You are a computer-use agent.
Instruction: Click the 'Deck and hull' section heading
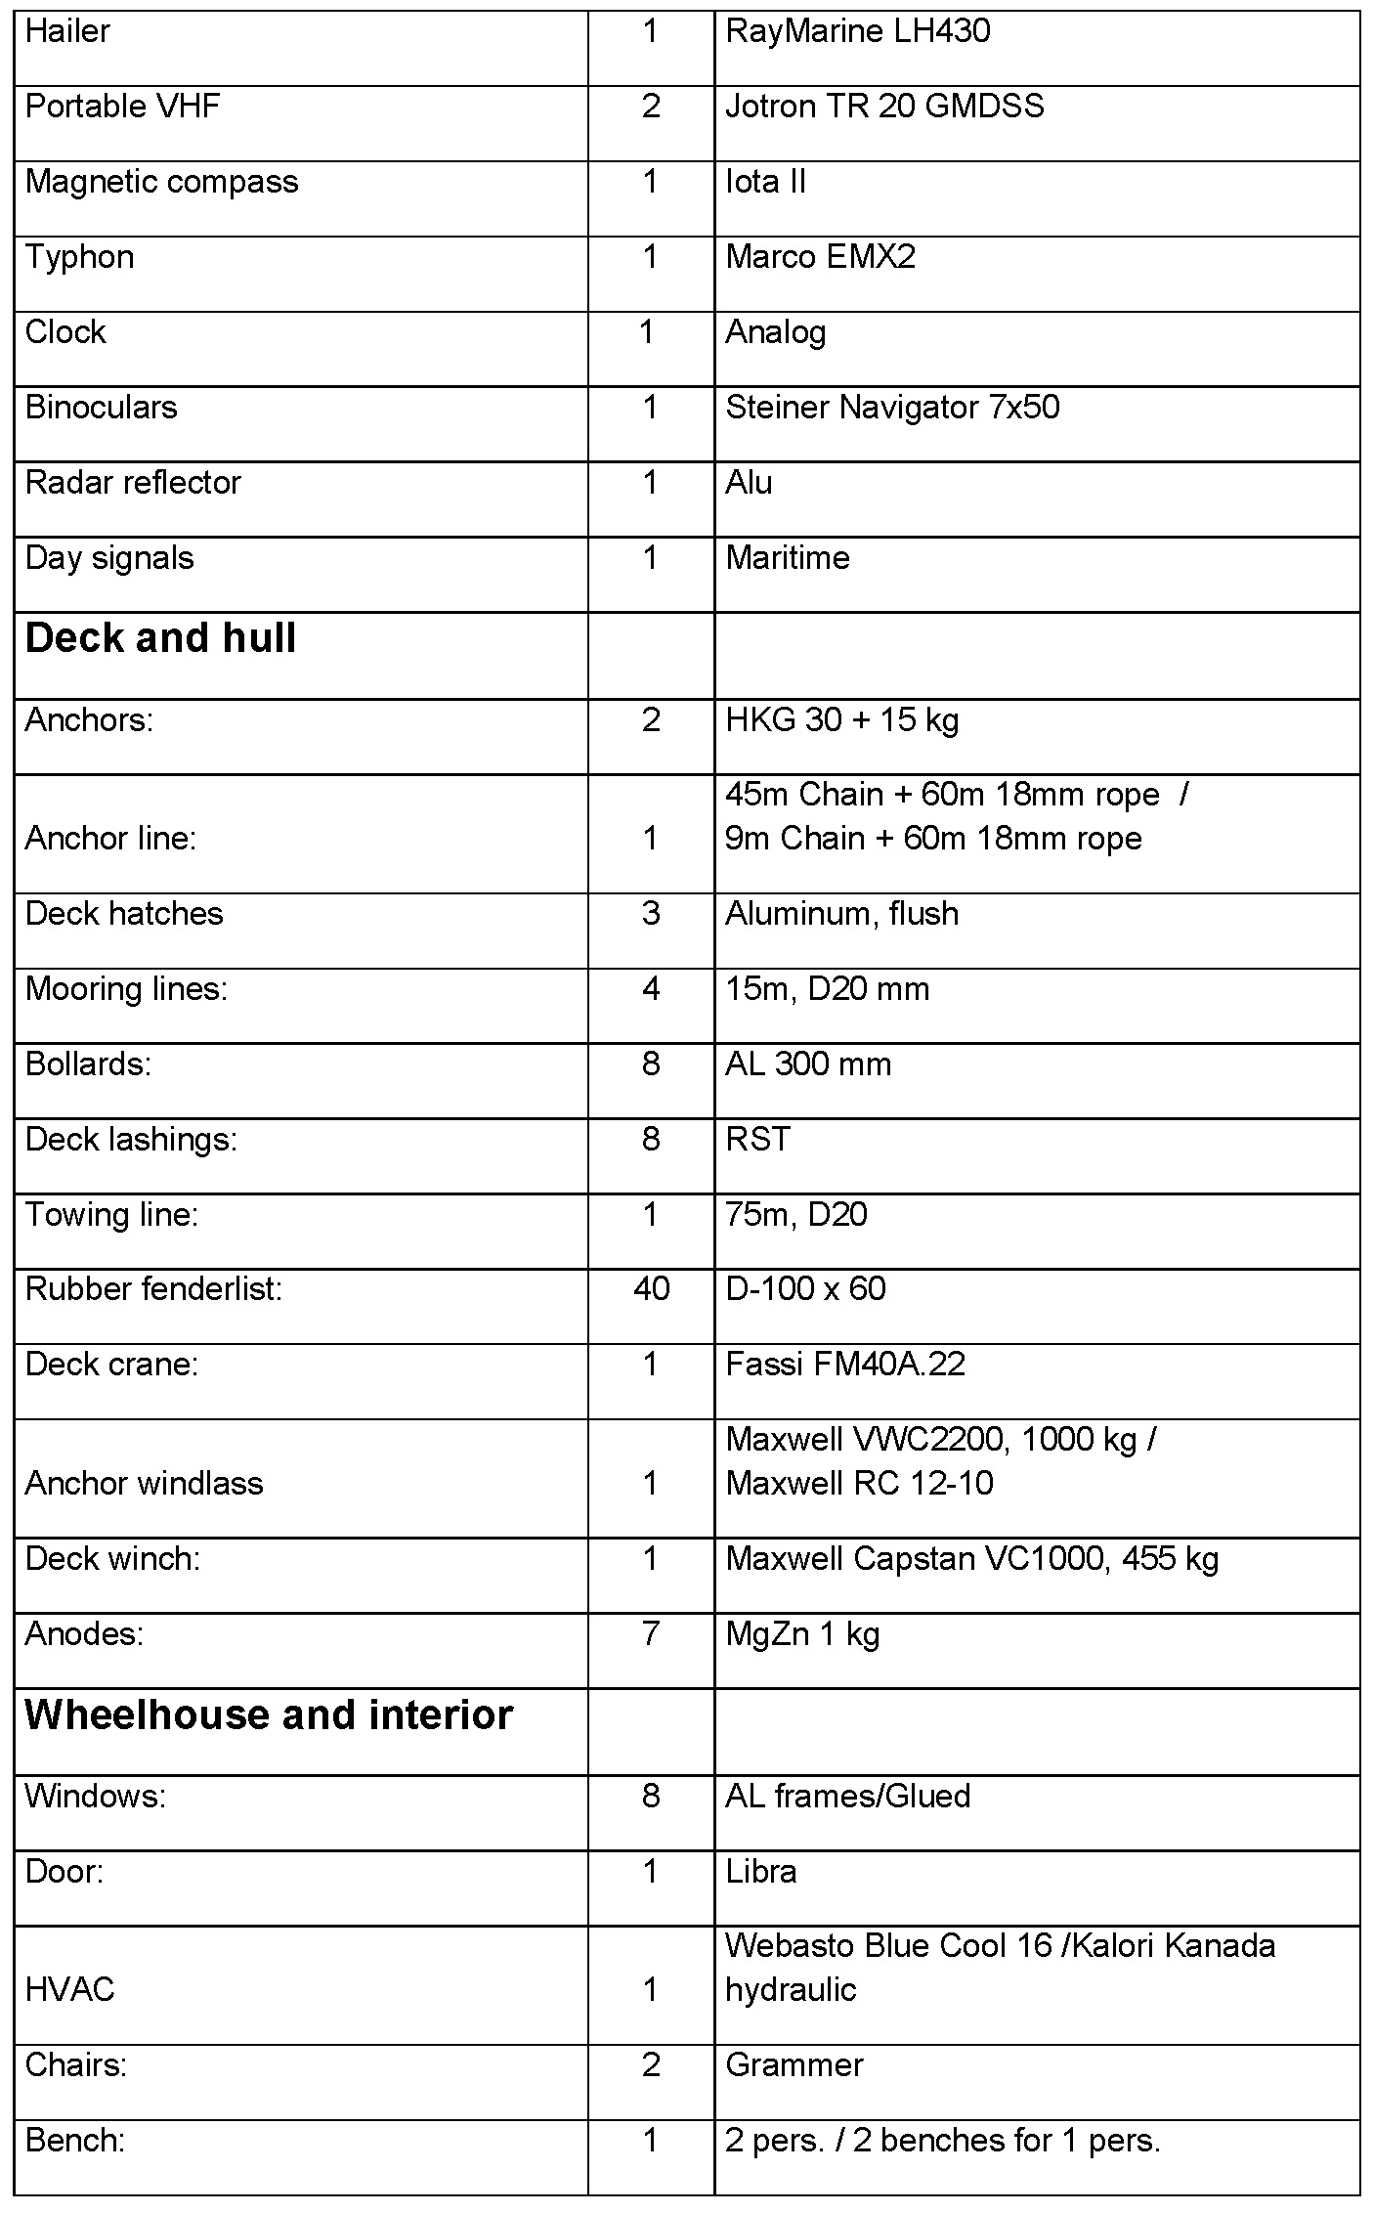tap(160, 638)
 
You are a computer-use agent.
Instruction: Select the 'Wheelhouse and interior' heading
tap(269, 1714)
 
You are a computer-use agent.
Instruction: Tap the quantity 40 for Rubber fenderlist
tap(651, 1288)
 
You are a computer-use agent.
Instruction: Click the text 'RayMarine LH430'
tap(857, 31)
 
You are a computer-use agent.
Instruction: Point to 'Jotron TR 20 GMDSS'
tap(884, 106)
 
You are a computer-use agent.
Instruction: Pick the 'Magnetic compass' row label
tap(161, 182)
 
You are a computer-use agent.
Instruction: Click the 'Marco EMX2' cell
tap(820, 257)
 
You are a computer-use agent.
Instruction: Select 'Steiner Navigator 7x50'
tap(892, 407)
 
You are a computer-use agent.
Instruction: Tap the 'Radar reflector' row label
tap(133, 483)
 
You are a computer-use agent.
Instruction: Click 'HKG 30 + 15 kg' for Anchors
tap(841, 720)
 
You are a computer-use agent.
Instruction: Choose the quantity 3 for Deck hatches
tap(651, 913)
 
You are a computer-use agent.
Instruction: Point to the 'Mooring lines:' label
tap(126, 989)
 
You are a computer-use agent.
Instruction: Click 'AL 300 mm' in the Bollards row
tap(808, 1063)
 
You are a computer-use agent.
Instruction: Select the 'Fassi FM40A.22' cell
tap(845, 1364)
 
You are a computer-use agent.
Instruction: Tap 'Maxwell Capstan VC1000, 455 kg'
tap(972, 1558)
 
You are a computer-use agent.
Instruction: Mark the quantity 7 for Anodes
tap(651, 1633)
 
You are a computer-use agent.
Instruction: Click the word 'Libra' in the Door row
tap(760, 1871)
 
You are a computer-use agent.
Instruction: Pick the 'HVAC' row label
tap(69, 1989)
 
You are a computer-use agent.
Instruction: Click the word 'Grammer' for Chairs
tap(794, 2064)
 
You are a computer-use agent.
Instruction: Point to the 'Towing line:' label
tap(111, 1214)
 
